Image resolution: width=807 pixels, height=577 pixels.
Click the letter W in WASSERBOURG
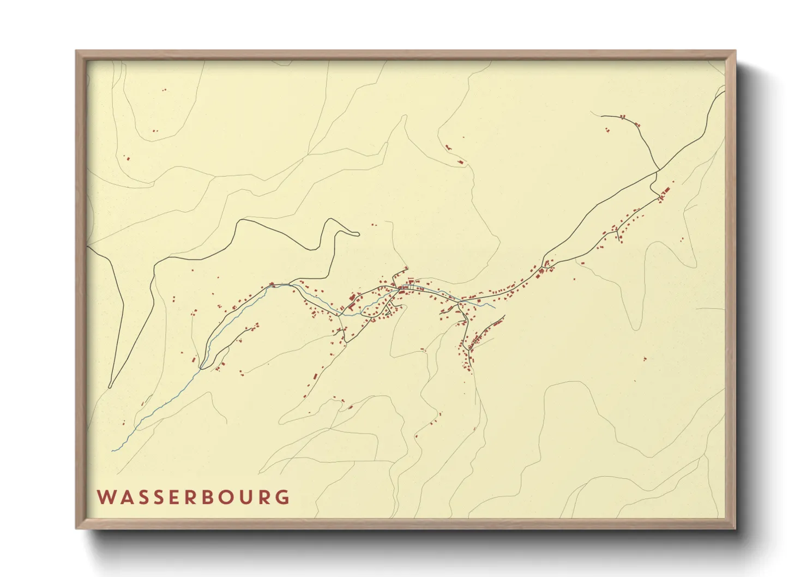(105, 497)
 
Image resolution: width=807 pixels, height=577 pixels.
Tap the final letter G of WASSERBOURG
(282, 497)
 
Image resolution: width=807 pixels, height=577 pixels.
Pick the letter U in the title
(246, 497)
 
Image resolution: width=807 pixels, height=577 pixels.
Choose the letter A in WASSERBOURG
(124, 497)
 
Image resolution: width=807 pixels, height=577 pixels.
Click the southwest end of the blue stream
(112, 451)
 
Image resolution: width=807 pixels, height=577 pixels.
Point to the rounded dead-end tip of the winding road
(358, 235)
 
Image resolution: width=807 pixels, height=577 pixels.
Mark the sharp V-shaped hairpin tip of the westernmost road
(111, 387)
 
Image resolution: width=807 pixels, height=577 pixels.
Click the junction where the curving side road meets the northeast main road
(658, 171)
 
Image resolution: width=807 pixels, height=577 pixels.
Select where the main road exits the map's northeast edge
(725, 91)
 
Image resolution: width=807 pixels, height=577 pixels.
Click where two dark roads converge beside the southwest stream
(201, 369)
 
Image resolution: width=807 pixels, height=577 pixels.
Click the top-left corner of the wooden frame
(76, 51)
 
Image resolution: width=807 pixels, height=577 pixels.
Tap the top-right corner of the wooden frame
(736, 51)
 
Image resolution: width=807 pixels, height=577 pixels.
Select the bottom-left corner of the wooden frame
(76, 528)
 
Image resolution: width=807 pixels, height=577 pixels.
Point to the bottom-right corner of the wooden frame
(736, 528)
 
